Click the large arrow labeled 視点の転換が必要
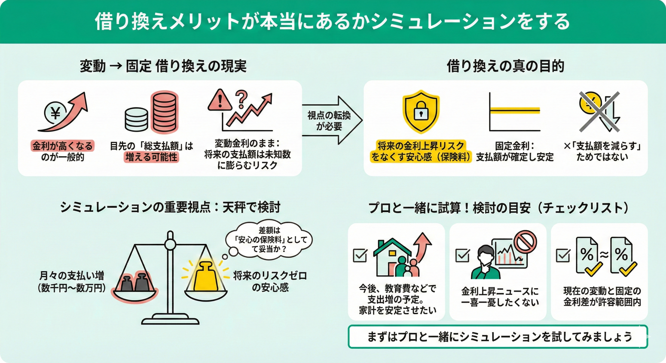pyautogui.click(x=332, y=120)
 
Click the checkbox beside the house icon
pyautogui.click(x=360, y=255)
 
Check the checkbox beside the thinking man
pyautogui.click(x=463, y=255)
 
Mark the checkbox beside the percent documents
pyautogui.click(x=563, y=255)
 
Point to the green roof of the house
pyautogui.click(x=392, y=246)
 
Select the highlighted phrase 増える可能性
pyautogui.click(x=151, y=157)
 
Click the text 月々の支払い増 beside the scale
pyautogui.click(x=72, y=275)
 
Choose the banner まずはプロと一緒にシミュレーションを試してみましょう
pyautogui.click(x=498, y=337)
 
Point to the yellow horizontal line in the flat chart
pyautogui.click(x=514, y=110)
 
